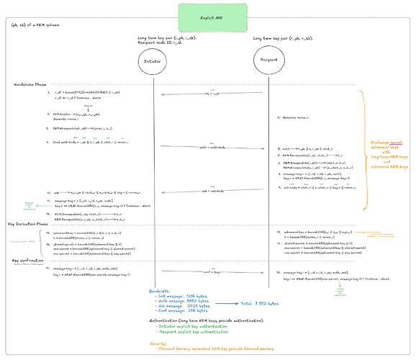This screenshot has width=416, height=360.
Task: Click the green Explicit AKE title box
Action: click(213, 13)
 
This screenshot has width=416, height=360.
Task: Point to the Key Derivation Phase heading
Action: click(28, 225)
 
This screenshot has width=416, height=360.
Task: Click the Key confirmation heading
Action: click(25, 261)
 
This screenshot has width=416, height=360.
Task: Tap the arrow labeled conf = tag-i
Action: click(208, 274)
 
